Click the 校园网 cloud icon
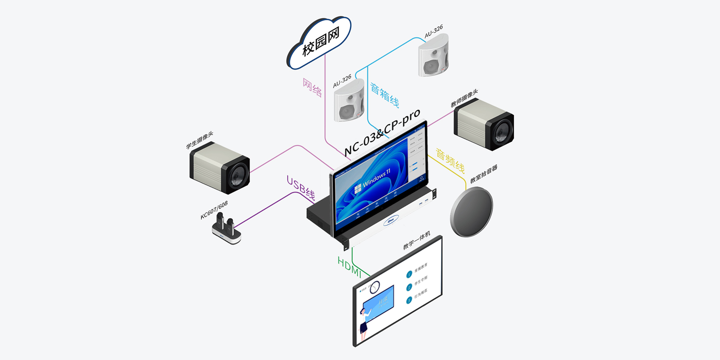(x=319, y=43)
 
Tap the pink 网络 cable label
(x=312, y=88)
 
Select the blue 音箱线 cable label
(x=384, y=95)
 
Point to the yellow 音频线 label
(x=450, y=161)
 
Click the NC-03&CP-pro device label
(x=382, y=132)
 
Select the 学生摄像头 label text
(x=200, y=140)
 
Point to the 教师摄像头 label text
(x=464, y=98)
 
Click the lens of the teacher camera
(x=501, y=132)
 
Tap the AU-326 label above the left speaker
(x=342, y=81)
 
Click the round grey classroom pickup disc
(x=472, y=212)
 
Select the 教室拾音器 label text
(x=484, y=174)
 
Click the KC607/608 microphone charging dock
(x=227, y=229)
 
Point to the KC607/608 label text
(x=214, y=210)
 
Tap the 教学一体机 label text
(x=417, y=240)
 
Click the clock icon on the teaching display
(x=374, y=287)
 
